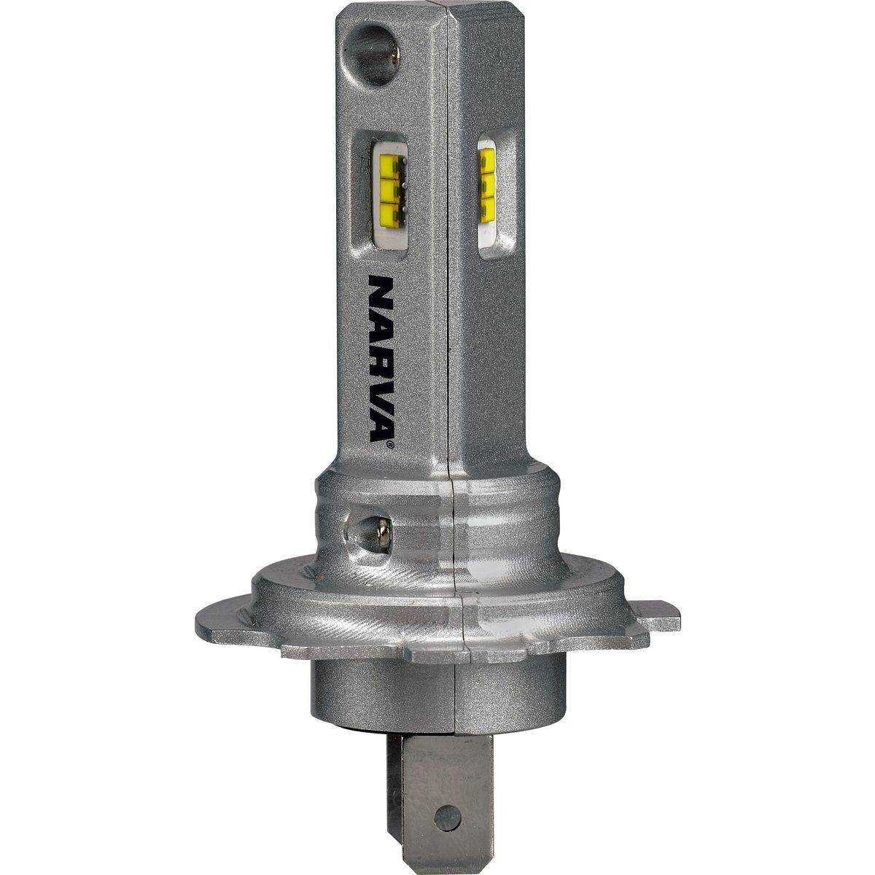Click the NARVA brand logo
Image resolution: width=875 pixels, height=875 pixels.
tap(382, 359)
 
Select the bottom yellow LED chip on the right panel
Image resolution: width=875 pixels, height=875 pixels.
tap(488, 208)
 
